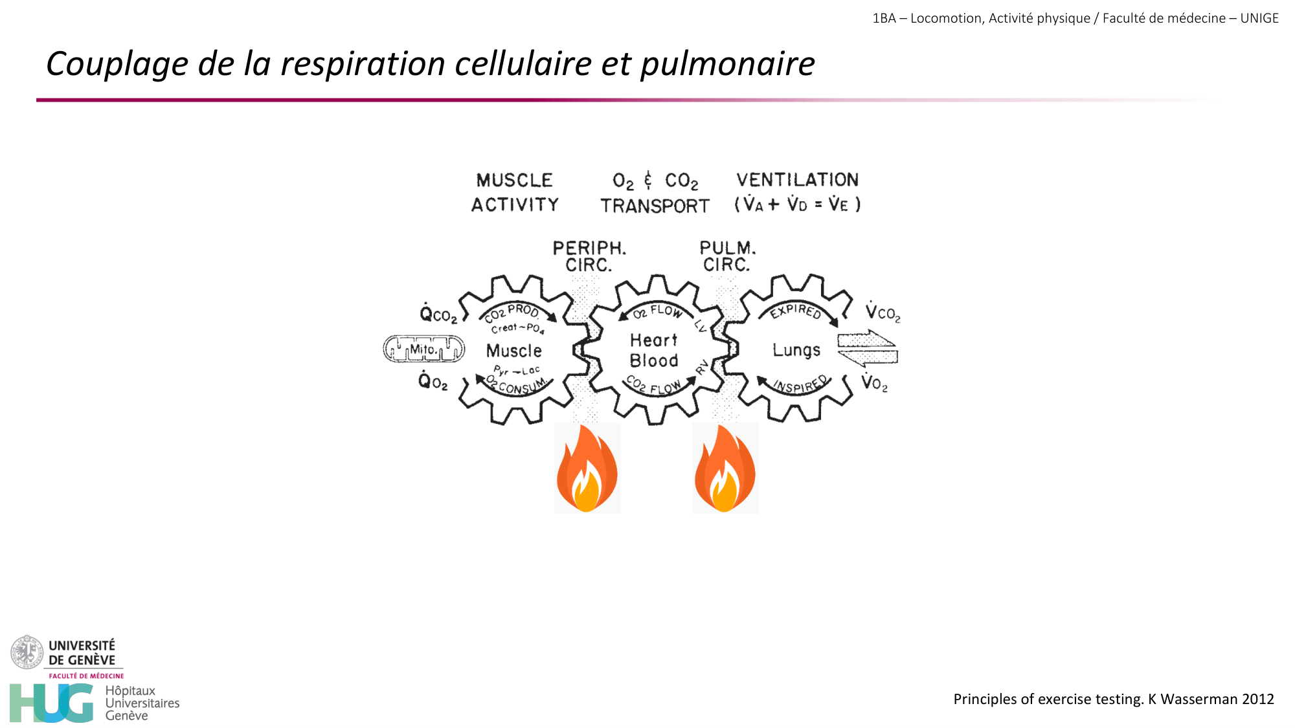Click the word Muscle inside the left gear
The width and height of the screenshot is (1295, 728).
click(513, 351)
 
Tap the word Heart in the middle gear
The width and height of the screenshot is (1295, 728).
click(653, 340)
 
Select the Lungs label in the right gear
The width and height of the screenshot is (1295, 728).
click(796, 350)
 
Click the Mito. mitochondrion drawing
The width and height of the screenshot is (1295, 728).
click(424, 349)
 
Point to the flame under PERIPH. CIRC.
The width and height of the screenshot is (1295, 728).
click(587, 469)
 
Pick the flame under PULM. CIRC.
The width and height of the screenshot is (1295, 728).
click(725, 469)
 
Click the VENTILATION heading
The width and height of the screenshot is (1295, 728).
click(797, 180)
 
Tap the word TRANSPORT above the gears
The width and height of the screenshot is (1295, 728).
click(655, 206)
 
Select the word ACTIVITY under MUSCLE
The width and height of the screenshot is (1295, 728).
click(515, 205)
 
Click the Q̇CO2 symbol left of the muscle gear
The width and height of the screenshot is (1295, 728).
click(438, 314)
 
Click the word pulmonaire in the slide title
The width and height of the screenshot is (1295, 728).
click(727, 64)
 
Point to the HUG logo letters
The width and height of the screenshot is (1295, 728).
click(52, 703)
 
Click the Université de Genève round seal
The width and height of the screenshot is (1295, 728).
click(27, 652)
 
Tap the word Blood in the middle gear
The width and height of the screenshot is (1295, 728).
click(654, 361)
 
